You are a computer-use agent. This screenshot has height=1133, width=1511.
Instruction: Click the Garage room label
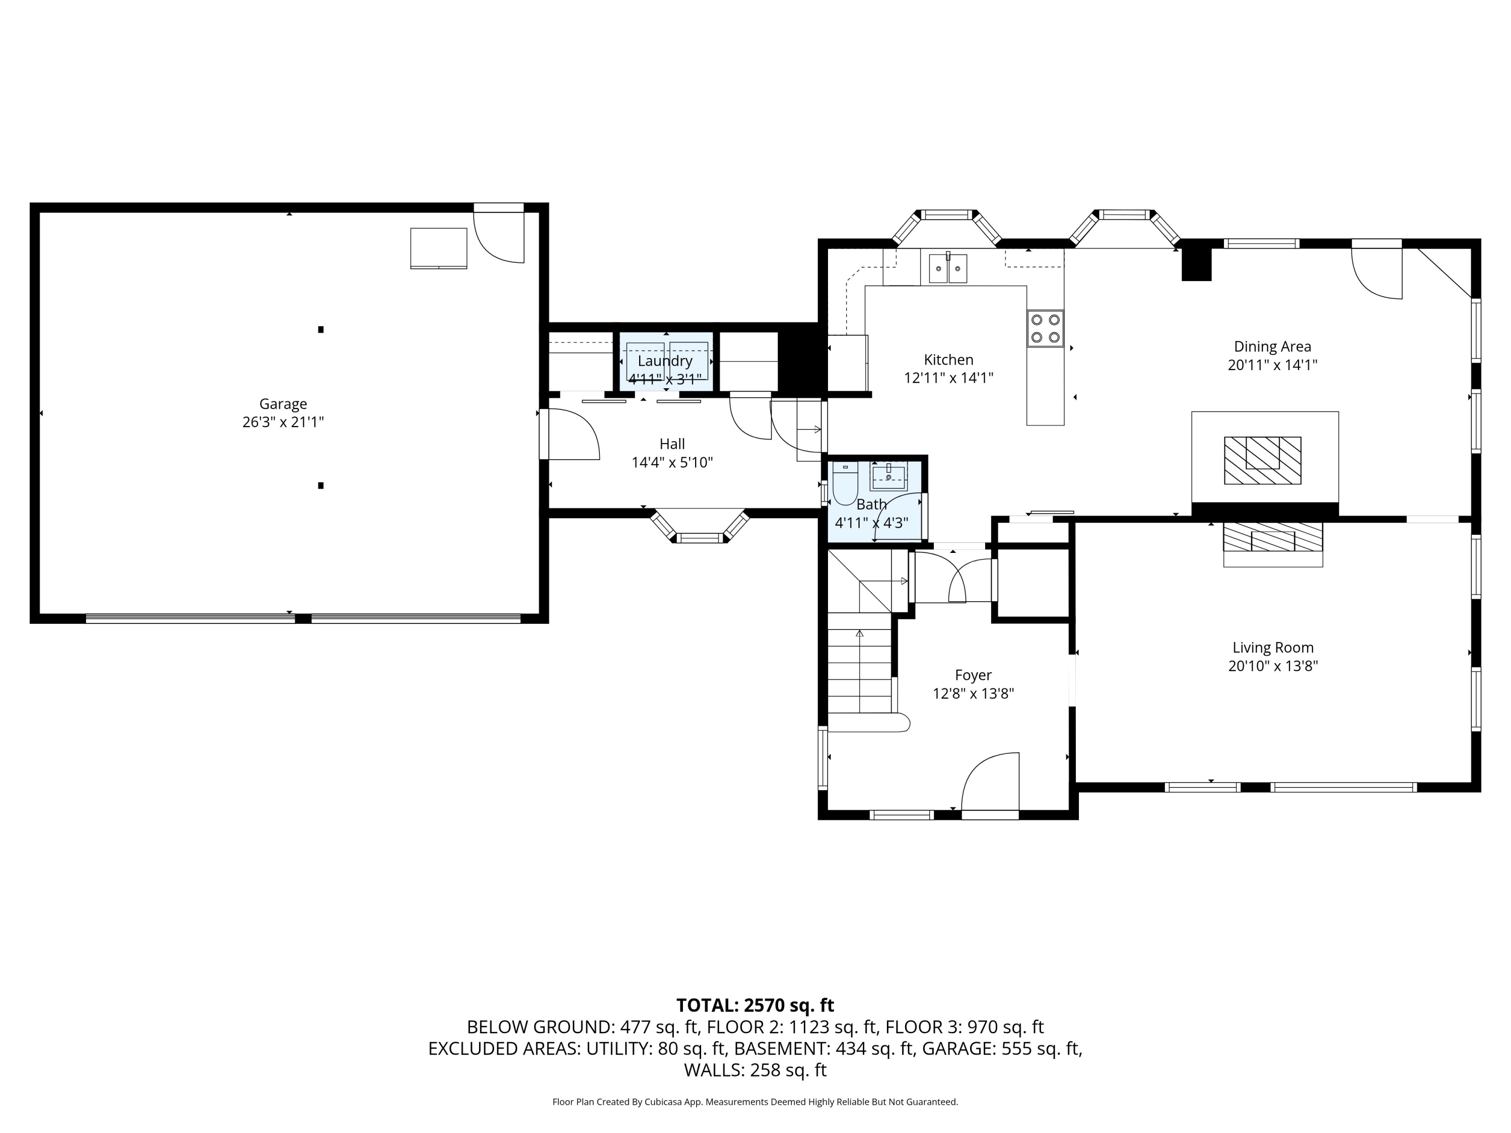283,404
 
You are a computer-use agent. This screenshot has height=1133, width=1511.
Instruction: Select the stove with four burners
1045,328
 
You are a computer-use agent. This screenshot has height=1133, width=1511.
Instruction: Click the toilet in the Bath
845,483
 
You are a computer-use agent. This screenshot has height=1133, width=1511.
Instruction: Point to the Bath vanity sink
888,475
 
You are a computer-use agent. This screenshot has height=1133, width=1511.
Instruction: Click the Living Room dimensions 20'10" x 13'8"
1273,666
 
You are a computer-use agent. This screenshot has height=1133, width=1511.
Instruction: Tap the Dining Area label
1272,346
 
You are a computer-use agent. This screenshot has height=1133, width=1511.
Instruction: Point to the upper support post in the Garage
320,329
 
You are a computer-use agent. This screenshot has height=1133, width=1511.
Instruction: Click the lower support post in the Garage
320,485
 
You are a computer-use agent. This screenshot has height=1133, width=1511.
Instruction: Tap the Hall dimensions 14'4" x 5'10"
672,462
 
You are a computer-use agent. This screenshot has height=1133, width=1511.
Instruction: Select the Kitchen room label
948,359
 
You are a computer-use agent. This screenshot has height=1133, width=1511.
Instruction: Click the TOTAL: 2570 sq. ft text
755,1005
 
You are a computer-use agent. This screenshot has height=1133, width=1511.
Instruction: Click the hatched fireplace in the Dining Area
1262,460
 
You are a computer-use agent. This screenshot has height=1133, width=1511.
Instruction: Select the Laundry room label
665,361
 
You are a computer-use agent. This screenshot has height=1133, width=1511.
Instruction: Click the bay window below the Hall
700,526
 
